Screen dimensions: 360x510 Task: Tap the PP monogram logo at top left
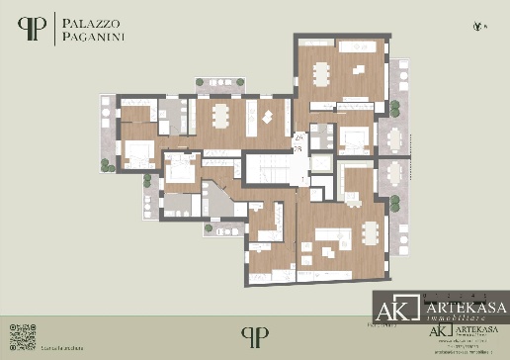(35, 29)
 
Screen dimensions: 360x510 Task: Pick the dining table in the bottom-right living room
(370, 232)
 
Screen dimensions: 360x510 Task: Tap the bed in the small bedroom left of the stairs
(182, 170)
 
